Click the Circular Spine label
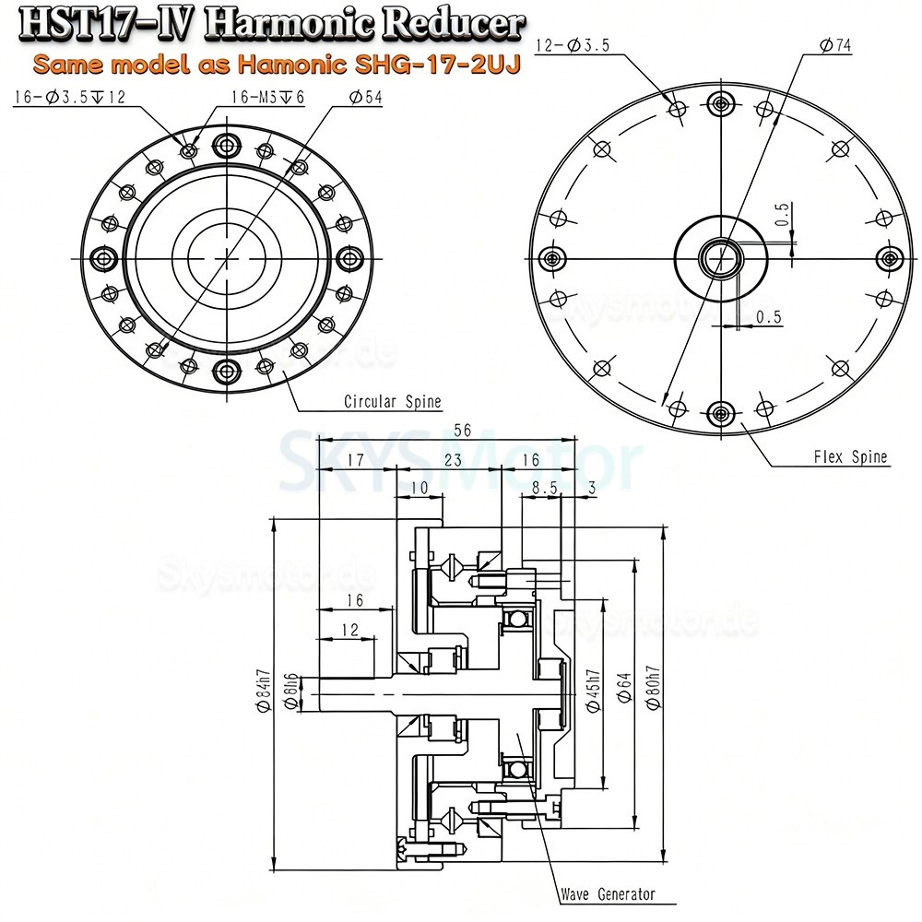coord(392,402)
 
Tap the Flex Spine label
coord(851,456)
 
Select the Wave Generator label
coord(608,893)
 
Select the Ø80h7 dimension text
coord(653,689)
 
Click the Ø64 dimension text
coord(623,691)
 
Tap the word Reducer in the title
coord(449,23)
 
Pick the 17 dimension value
coord(354,459)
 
